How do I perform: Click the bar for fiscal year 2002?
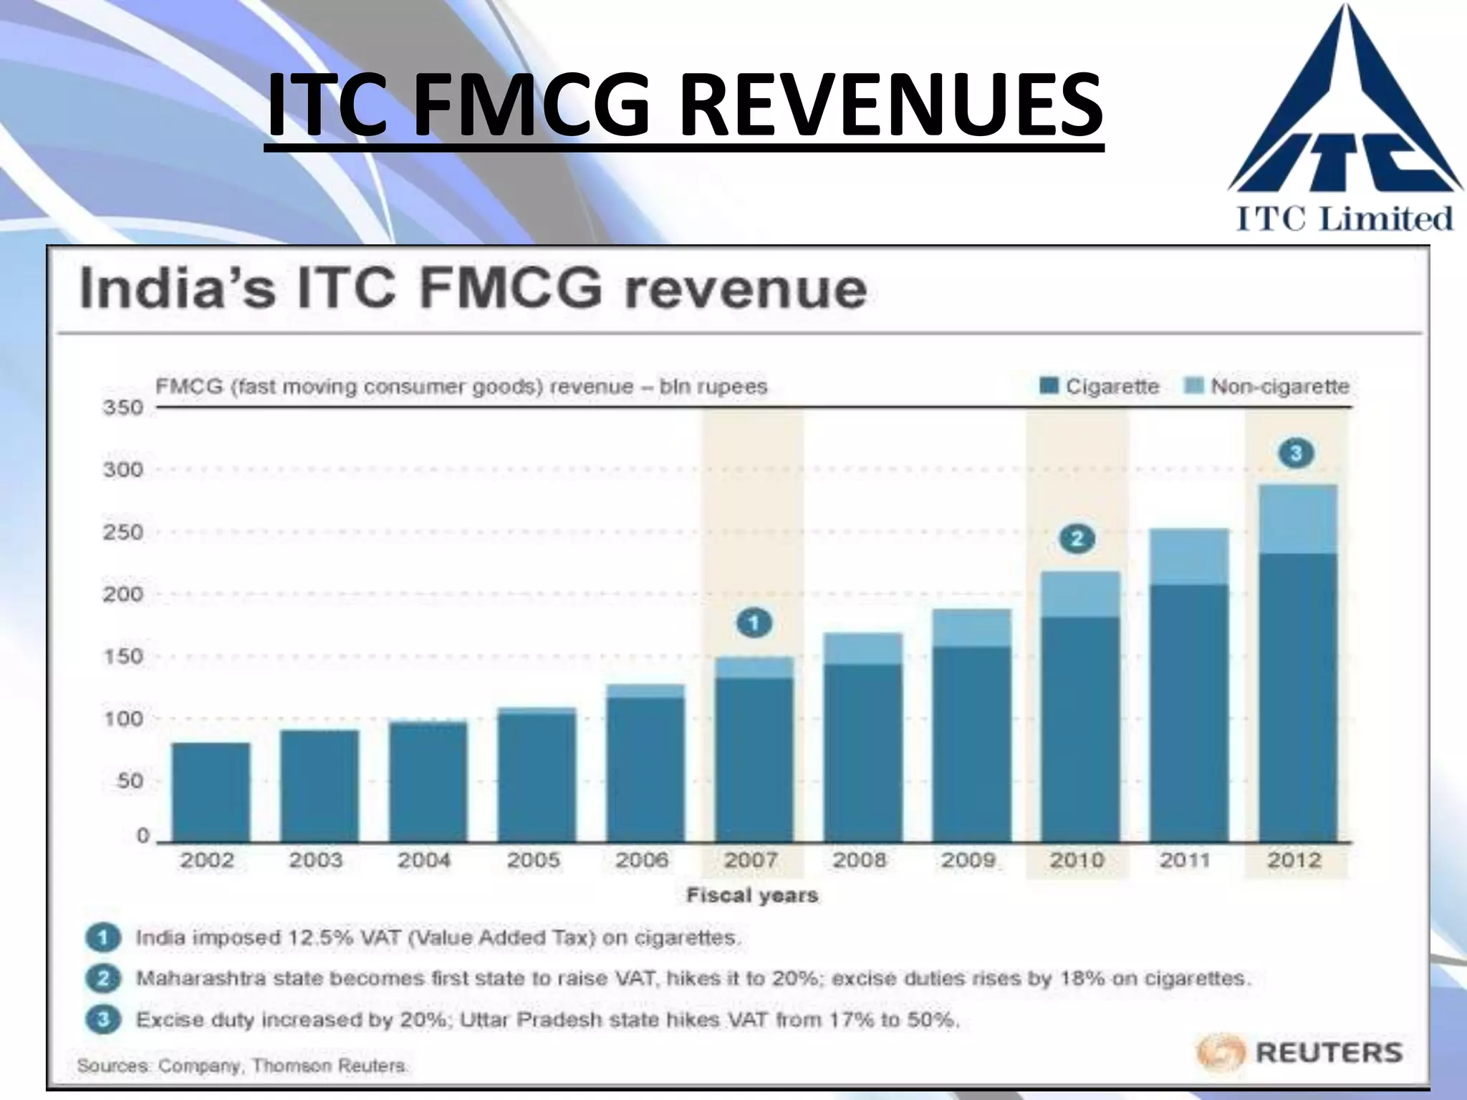click(x=211, y=792)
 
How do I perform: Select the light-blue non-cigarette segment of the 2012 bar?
click(x=1297, y=519)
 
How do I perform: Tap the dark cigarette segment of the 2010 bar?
click(x=1079, y=728)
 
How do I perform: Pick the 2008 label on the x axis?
click(x=860, y=859)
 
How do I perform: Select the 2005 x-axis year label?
click(x=534, y=859)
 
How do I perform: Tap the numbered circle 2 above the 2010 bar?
click(x=1077, y=539)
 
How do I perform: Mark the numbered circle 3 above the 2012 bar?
click(x=1296, y=453)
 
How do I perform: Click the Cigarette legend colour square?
click(x=1049, y=387)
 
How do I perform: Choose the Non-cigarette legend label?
click(x=1279, y=387)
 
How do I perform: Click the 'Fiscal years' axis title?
click(x=752, y=895)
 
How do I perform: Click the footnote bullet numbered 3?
click(x=103, y=1019)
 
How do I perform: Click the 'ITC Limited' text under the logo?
click(x=1345, y=218)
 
